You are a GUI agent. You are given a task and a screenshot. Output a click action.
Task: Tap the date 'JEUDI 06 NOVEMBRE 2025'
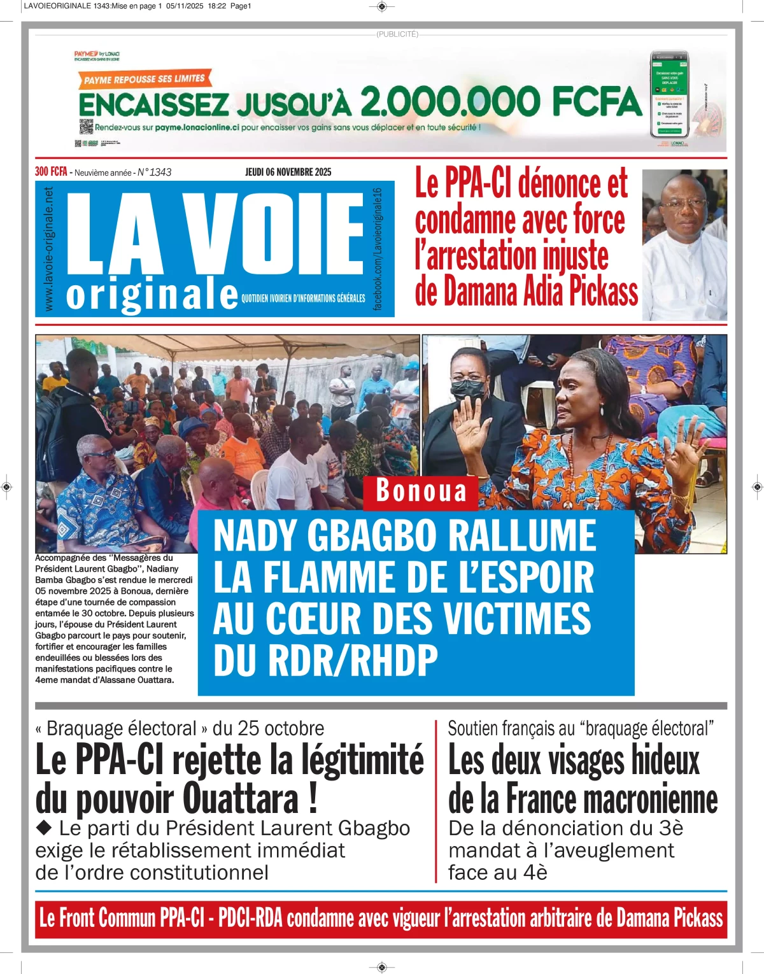click(288, 172)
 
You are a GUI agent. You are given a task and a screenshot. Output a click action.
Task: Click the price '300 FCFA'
click(51, 172)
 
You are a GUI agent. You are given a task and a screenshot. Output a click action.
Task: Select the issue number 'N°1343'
click(155, 172)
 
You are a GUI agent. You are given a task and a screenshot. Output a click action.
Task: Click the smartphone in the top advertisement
click(669, 95)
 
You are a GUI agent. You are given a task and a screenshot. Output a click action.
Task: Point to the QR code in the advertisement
click(86, 126)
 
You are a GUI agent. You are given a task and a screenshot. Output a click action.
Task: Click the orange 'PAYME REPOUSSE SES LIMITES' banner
click(145, 80)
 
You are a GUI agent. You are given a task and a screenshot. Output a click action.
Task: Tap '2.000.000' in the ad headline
click(449, 102)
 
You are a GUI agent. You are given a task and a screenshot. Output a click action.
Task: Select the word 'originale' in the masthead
click(152, 294)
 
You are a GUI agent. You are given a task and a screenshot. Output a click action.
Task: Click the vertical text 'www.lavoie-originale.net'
click(49, 249)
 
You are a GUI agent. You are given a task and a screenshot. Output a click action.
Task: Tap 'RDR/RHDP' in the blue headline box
click(353, 660)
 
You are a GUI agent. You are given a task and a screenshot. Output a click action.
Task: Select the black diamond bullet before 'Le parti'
click(44, 828)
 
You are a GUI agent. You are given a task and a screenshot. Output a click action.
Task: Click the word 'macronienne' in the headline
click(650, 799)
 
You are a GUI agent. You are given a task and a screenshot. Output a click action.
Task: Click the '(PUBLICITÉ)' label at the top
click(397, 34)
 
